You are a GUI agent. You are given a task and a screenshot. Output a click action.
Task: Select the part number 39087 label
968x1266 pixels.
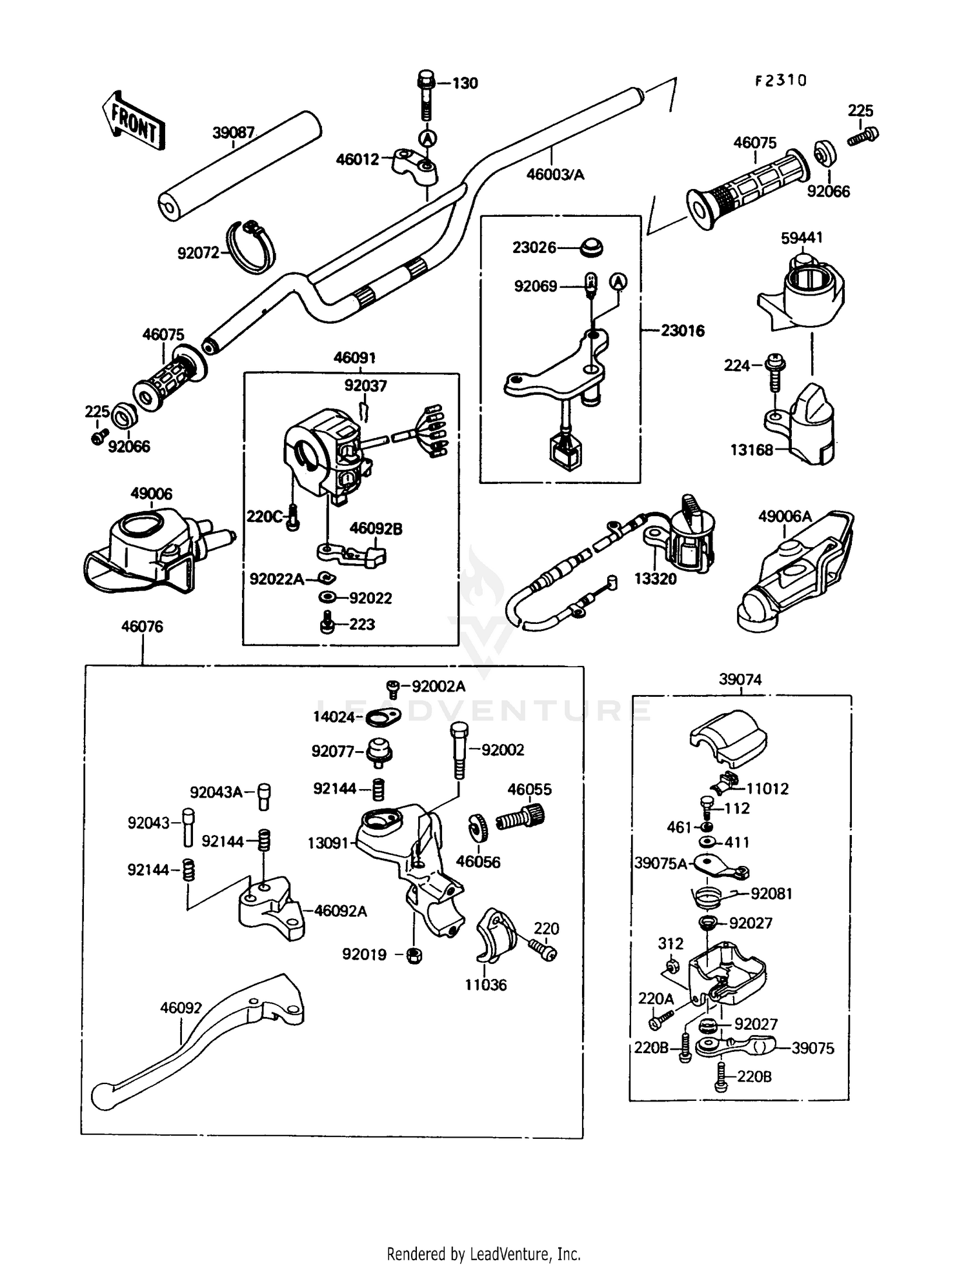[x=234, y=133]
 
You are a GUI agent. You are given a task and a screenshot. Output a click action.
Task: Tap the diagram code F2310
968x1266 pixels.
[x=781, y=81]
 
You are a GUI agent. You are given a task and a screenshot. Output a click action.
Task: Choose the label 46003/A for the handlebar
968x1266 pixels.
[x=555, y=174]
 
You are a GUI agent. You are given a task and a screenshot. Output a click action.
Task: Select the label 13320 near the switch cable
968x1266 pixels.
[x=655, y=579]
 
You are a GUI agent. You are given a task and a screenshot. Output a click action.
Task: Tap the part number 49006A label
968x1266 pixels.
[x=784, y=516]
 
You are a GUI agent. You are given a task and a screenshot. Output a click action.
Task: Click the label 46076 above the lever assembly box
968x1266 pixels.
[x=142, y=626]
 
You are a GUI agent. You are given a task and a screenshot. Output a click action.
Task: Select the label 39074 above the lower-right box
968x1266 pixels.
[x=740, y=679]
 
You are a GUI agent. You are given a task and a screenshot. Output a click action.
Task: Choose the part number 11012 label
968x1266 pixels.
[x=767, y=789]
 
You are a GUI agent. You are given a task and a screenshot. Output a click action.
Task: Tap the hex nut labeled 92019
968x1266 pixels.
[x=414, y=956]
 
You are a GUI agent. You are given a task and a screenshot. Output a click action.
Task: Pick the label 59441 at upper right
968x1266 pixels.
[x=802, y=237]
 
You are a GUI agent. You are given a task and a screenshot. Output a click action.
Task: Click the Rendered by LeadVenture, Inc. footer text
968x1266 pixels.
[x=483, y=1254]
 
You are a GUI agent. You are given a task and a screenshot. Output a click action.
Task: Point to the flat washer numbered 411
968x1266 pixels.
[x=707, y=842]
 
